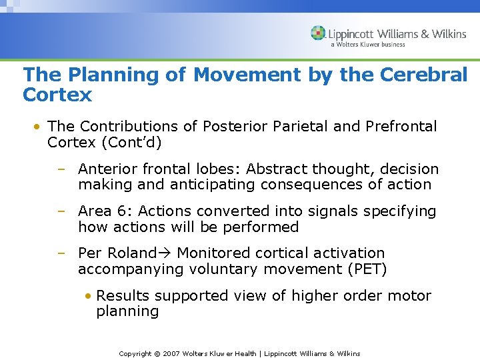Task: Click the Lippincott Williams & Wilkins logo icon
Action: coord(318,33)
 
